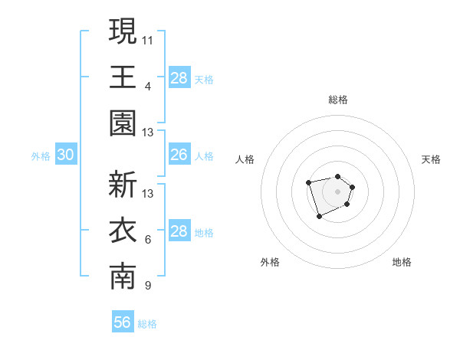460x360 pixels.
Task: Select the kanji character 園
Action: point(123,123)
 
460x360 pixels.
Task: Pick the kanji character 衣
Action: point(123,231)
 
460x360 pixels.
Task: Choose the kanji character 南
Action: point(123,277)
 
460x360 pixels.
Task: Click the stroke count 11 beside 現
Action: point(148,39)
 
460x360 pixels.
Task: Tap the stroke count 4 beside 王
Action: point(148,86)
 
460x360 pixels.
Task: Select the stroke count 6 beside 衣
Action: point(148,241)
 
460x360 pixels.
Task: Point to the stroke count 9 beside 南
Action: point(148,286)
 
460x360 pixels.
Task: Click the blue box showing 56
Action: point(123,322)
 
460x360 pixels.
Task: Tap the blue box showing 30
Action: point(66,155)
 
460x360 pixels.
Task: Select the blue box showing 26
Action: point(179,155)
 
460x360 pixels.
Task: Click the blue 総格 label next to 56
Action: point(147,324)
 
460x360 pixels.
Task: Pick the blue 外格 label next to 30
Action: point(41,156)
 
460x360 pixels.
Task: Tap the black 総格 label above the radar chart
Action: point(338,100)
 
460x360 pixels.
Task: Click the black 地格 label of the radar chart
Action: point(402,262)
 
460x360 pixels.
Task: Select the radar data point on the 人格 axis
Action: point(308,182)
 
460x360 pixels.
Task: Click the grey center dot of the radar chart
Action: point(337,191)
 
